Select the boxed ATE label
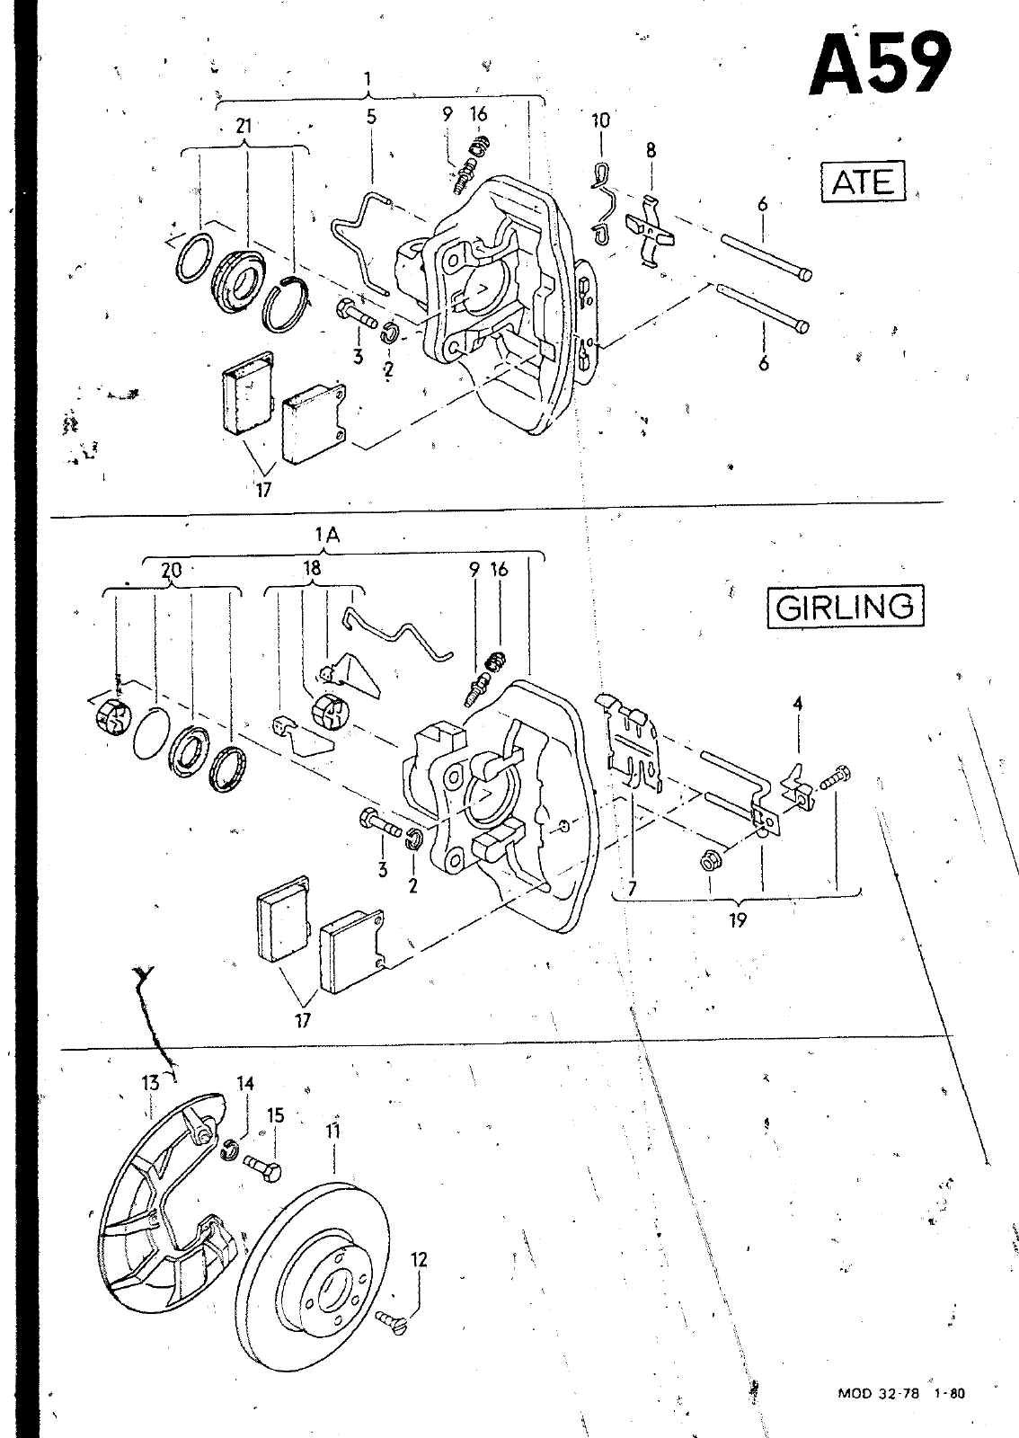click(x=863, y=182)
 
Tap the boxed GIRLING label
click(x=845, y=606)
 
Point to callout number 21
click(x=244, y=127)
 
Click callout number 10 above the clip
click(x=600, y=120)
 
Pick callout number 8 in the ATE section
click(x=651, y=151)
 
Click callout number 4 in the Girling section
click(x=798, y=704)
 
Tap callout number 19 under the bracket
click(x=738, y=920)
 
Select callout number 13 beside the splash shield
click(x=150, y=1083)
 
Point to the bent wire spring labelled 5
click(x=362, y=241)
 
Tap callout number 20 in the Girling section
click(x=172, y=570)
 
